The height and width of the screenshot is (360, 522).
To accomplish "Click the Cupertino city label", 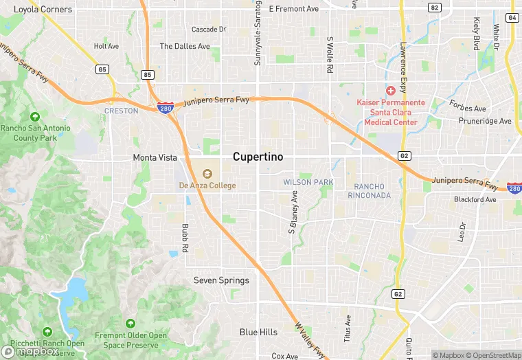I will (258, 157).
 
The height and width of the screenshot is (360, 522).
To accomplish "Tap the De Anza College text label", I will (207, 185).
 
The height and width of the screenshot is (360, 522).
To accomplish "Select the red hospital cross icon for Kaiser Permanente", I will (390, 91).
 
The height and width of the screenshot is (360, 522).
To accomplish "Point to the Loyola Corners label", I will (43, 10).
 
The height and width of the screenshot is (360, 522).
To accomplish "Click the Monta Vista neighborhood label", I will (155, 157).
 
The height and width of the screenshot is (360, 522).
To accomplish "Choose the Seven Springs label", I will (221, 280).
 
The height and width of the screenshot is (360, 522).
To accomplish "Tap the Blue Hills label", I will (258, 333).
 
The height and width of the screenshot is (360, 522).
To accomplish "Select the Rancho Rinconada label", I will (372, 191).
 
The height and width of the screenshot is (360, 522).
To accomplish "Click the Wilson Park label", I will (308, 182).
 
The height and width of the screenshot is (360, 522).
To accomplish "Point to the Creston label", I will (122, 111).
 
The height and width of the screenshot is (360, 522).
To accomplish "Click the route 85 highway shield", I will (148, 74).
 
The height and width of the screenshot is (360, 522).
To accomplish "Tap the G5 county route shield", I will (102, 69).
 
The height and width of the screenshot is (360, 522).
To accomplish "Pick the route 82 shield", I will (434, 8).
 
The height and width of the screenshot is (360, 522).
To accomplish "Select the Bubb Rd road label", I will (185, 236).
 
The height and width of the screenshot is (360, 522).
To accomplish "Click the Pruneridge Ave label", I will (486, 121).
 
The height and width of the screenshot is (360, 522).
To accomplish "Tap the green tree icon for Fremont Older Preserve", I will (130, 323).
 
